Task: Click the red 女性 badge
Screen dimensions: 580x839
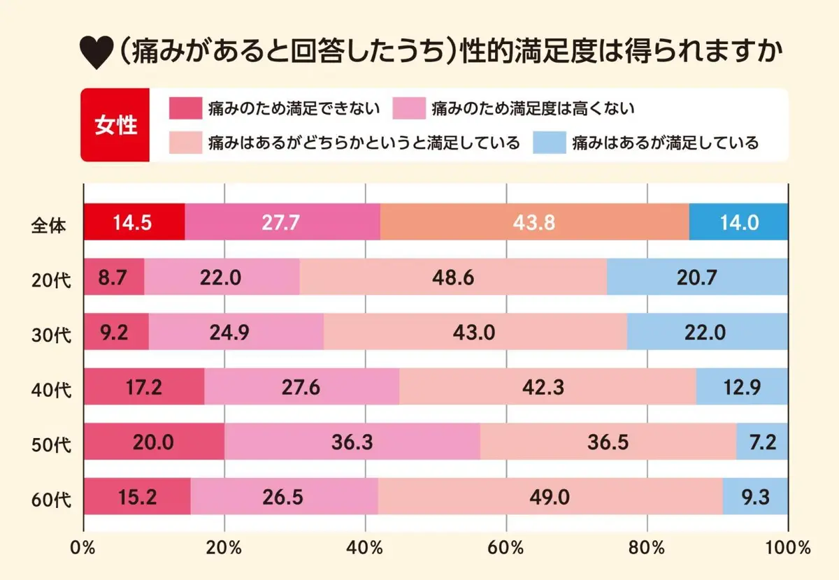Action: pyautogui.click(x=116, y=125)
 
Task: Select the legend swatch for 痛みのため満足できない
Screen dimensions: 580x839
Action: pyautogui.click(x=185, y=108)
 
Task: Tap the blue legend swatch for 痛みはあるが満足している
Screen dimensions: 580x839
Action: pyautogui.click(x=549, y=143)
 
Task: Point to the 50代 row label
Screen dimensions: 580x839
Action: pyautogui.click(x=52, y=443)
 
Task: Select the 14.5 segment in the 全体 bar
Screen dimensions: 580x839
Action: pyautogui.click(x=134, y=222)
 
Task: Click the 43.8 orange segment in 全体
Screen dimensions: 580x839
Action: pyautogui.click(x=534, y=222)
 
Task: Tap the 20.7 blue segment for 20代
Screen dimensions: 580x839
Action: pyautogui.click(x=697, y=277)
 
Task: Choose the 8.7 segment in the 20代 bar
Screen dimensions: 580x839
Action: pyautogui.click(x=114, y=277)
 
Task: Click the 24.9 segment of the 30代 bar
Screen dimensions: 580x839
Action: pyautogui.click(x=236, y=332)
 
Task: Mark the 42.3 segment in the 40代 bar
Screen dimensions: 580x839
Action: pyautogui.click(x=548, y=387)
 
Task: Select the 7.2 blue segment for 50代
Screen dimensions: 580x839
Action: pyautogui.click(x=762, y=442)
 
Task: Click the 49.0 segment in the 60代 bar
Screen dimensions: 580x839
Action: pyautogui.click(x=550, y=497)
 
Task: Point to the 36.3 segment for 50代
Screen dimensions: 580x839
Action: pyautogui.click(x=352, y=442)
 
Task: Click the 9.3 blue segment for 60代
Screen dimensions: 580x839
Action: pyautogui.click(x=755, y=497)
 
